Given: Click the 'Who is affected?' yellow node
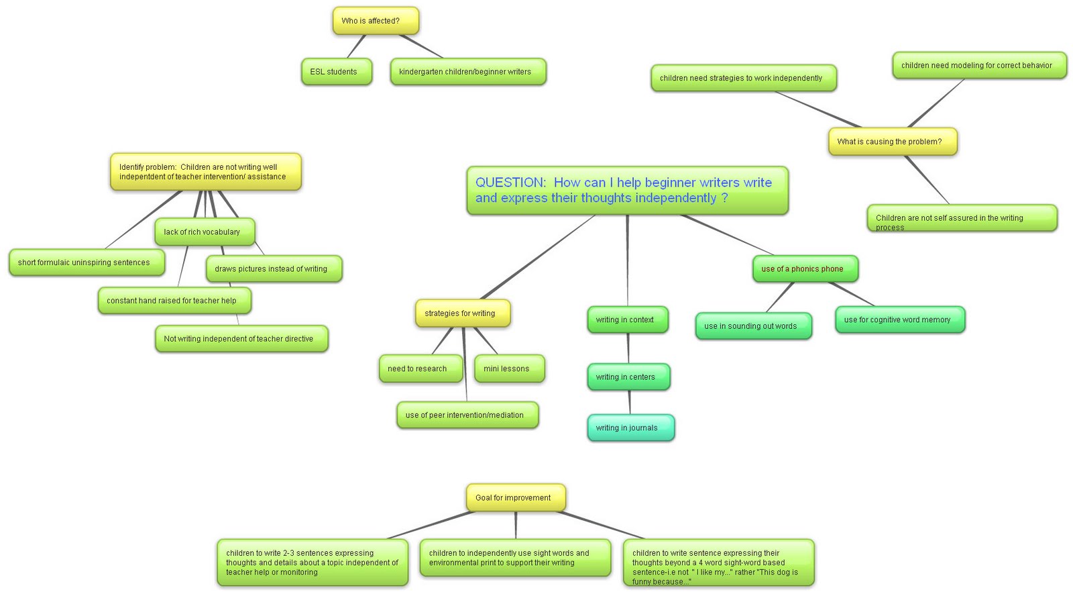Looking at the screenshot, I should click(376, 21).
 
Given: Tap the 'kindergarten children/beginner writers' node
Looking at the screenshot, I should click(467, 72).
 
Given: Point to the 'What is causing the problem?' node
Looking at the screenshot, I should click(892, 142).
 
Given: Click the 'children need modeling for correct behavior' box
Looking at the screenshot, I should click(978, 65).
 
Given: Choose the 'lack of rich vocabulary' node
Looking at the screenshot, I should click(204, 232).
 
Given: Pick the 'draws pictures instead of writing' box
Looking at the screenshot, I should click(274, 268).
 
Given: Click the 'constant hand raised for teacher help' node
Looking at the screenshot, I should click(174, 301).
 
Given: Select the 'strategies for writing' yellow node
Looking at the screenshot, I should click(462, 313).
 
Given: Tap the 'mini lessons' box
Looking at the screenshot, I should click(508, 368).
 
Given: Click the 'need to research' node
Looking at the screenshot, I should click(420, 368).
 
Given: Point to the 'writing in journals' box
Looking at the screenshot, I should click(630, 428).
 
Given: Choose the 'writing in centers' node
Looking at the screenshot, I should click(628, 377).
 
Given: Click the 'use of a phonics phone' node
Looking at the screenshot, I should click(804, 268).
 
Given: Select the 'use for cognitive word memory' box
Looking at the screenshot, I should click(899, 319).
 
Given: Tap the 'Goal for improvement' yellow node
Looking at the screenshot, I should click(515, 498).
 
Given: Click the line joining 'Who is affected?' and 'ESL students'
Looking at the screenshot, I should click(357, 46).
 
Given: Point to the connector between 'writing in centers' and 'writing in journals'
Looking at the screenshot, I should click(629, 402).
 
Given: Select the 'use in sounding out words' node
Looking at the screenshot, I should click(752, 326).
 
